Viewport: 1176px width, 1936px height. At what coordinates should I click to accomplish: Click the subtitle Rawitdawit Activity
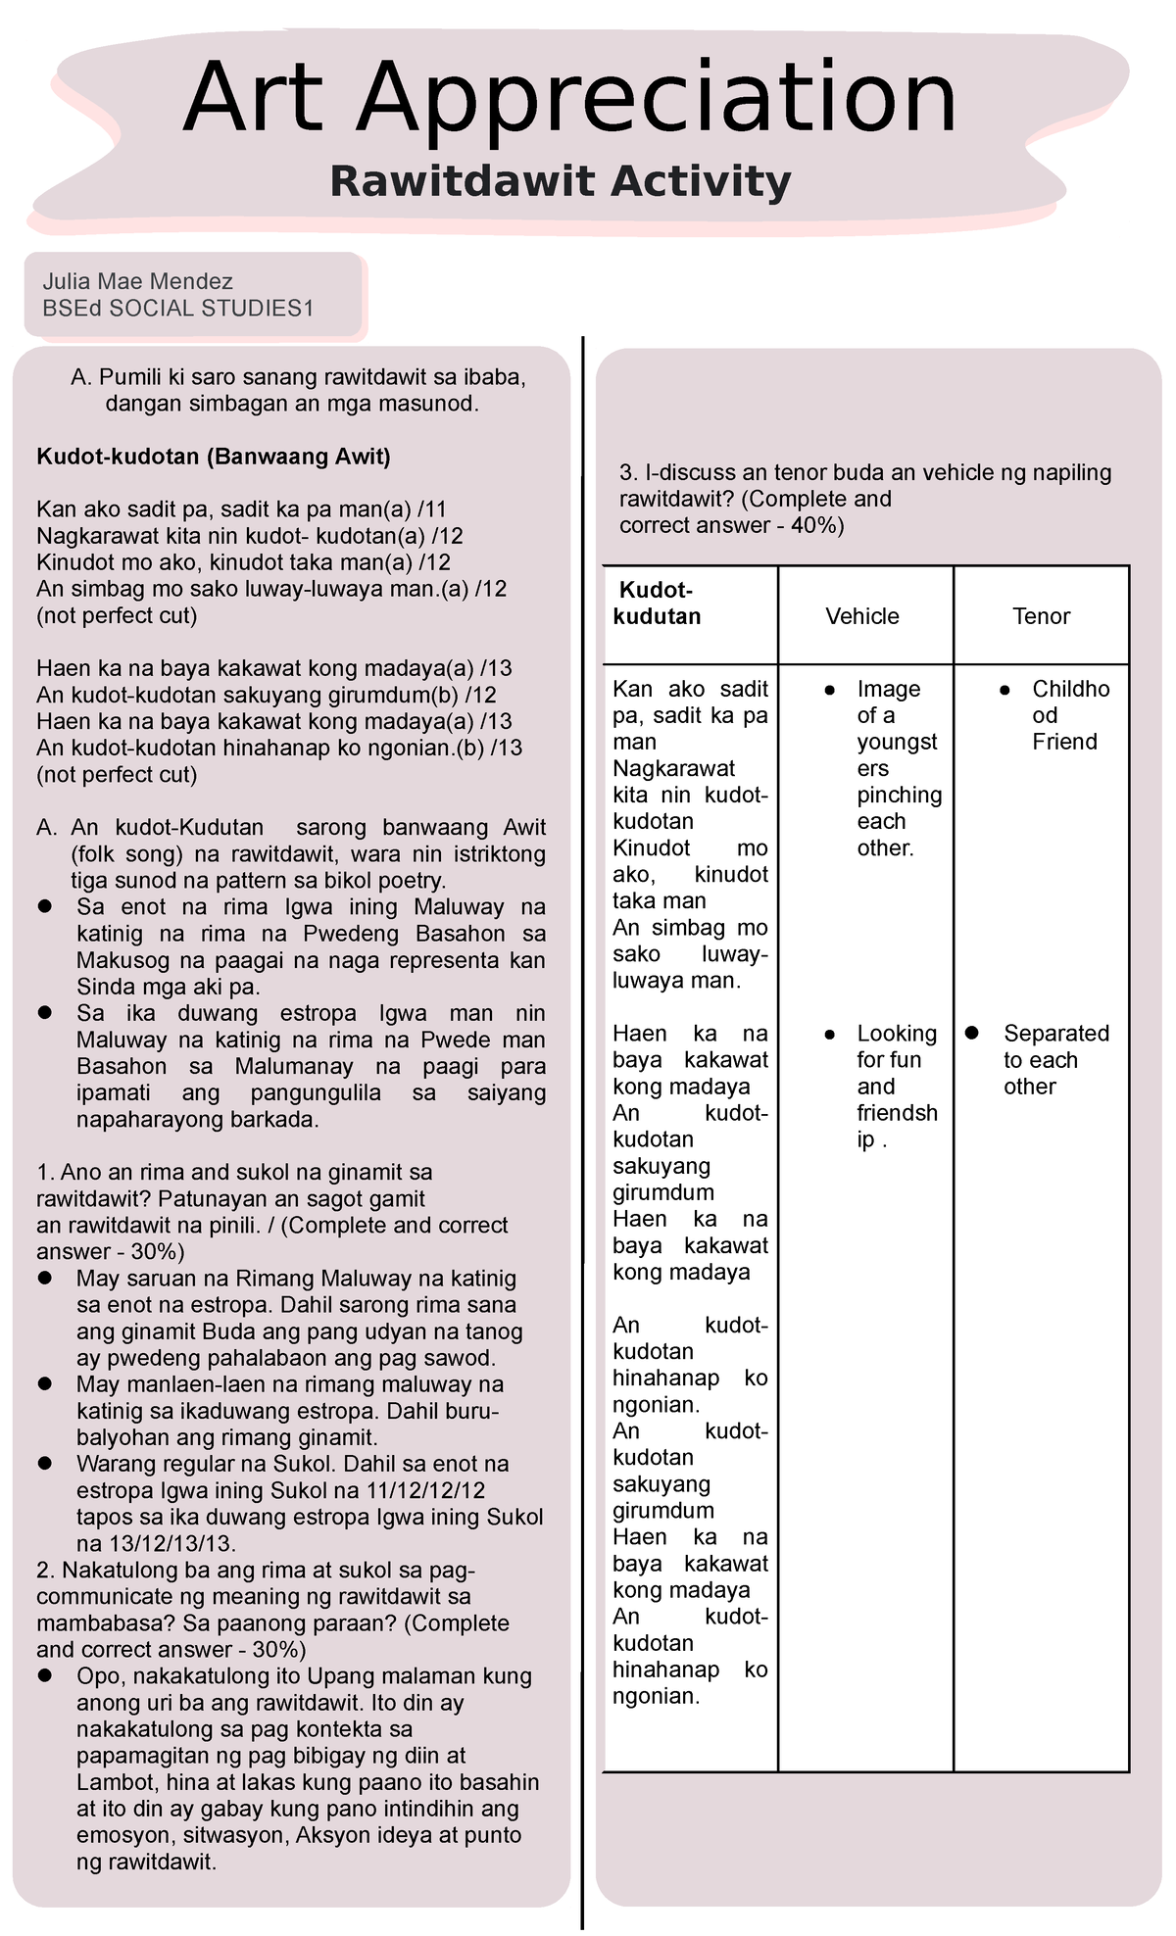(560, 182)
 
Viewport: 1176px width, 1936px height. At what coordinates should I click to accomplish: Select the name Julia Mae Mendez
(137, 282)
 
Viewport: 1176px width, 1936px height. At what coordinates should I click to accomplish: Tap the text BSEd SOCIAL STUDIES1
(177, 309)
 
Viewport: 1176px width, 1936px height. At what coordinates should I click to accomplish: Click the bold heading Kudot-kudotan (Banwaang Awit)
(213, 457)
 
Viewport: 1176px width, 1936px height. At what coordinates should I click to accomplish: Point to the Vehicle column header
(861, 616)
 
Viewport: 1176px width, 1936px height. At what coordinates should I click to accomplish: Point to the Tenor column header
(1041, 616)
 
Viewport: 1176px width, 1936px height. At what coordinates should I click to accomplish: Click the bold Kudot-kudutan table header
(656, 604)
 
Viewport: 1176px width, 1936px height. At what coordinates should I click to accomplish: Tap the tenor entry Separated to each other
(1055, 1060)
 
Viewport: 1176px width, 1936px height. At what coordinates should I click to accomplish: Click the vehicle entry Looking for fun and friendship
(896, 1087)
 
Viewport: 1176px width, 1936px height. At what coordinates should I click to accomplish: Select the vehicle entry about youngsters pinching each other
(898, 768)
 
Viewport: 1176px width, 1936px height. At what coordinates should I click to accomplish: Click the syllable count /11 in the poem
(432, 509)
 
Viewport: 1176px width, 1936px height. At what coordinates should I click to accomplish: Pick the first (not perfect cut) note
(117, 615)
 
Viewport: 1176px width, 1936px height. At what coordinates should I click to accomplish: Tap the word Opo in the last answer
(98, 1676)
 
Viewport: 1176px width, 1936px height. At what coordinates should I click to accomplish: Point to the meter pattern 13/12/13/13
(171, 1544)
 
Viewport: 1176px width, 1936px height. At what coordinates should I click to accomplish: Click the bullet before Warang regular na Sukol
(44, 1464)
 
